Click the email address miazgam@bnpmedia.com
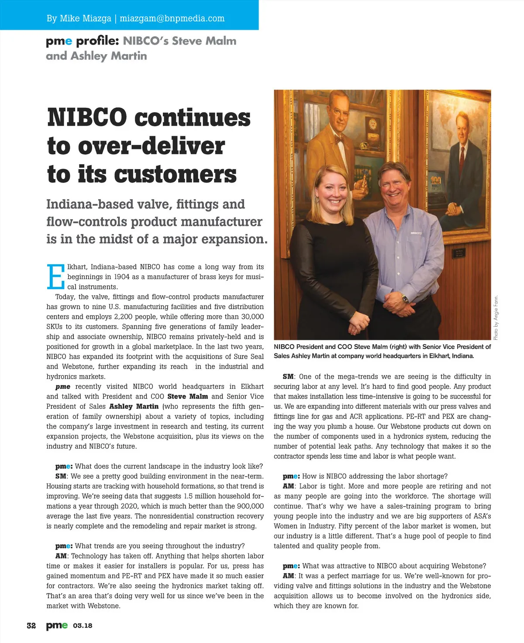click(x=172, y=19)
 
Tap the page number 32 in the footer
click(x=31, y=626)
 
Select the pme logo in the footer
click(x=57, y=626)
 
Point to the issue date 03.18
click(x=83, y=626)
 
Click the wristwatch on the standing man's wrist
click(x=404, y=299)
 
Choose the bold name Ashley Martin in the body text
click(x=134, y=407)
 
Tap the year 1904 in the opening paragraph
click(x=121, y=277)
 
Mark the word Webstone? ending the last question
click(x=469, y=566)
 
